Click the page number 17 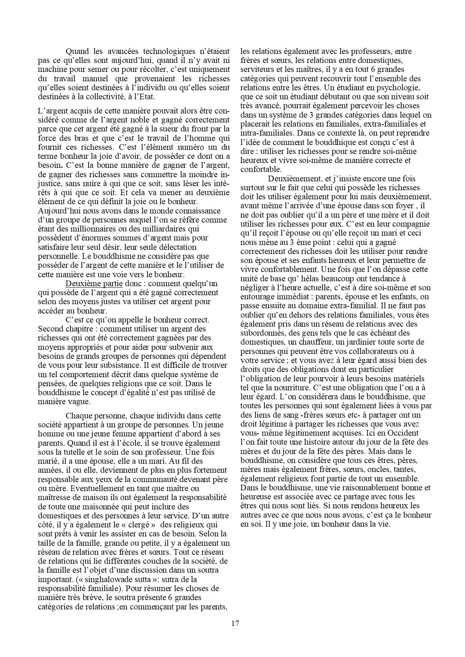(x=235, y=624)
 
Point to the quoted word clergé (x=142, y=525)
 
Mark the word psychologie (x=401, y=88)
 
